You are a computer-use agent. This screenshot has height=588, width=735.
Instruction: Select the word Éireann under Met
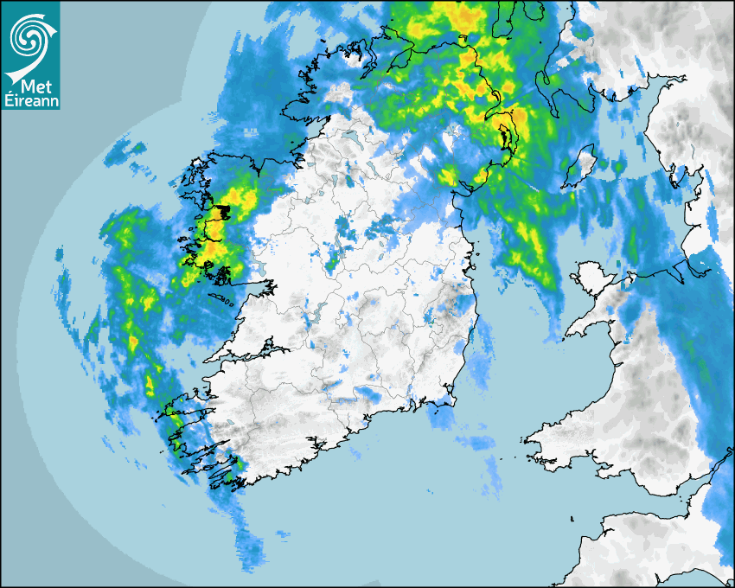pyautogui.click(x=31, y=102)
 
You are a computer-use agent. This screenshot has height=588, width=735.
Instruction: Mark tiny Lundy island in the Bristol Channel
pyautogui.click(x=573, y=518)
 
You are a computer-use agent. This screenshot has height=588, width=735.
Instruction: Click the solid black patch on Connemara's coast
pyautogui.click(x=223, y=211)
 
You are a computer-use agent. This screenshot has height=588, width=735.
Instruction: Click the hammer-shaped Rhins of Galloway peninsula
pyautogui.click(x=545, y=82)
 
